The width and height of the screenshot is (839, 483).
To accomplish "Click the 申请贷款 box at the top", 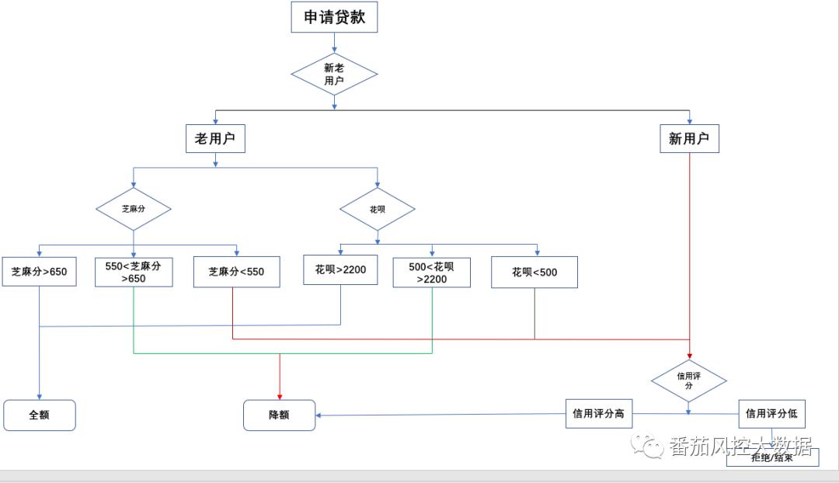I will click(334, 17).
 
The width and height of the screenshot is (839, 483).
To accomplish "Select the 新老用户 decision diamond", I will click(334, 75).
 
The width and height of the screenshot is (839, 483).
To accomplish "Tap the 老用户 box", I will click(215, 139).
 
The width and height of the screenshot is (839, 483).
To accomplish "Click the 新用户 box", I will click(689, 139).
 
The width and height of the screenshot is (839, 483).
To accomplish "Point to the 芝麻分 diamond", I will click(134, 209).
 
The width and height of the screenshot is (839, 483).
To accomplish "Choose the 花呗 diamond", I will click(378, 209).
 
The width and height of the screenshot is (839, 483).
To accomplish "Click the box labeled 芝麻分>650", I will click(39, 272).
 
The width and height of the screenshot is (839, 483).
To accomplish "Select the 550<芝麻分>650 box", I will click(134, 272).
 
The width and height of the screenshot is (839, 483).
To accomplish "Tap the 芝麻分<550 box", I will click(236, 272).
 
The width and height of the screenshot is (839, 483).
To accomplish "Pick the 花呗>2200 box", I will click(340, 269).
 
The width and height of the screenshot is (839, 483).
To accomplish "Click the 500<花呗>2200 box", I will click(432, 273).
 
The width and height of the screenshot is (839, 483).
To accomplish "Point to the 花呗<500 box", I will click(534, 273).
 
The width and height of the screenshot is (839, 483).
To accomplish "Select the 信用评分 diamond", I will click(689, 380).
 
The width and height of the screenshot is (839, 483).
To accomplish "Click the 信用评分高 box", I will click(598, 414).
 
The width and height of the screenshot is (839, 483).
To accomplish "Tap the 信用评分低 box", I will click(771, 414).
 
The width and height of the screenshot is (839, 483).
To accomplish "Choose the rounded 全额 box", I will click(39, 415).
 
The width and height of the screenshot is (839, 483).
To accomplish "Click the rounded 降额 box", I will click(279, 415).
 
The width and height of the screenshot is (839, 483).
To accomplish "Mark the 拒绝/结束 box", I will click(772, 457).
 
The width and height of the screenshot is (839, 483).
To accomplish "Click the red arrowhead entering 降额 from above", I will click(280, 395).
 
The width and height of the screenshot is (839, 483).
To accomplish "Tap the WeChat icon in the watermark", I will click(648, 445).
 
